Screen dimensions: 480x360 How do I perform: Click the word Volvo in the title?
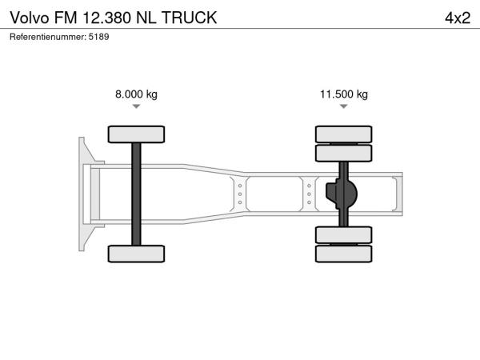tap(30, 18)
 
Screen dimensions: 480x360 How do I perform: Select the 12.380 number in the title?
tap(107, 18)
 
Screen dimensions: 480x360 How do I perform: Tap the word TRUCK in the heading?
tap(189, 18)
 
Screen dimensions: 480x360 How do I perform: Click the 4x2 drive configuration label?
tap(458, 18)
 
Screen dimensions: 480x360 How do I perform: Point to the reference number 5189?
tap(98, 37)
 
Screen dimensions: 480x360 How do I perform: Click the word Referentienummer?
tap(48, 37)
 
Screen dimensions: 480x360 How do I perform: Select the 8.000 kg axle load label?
tap(136, 94)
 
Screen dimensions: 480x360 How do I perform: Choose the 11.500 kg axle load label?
tap(344, 94)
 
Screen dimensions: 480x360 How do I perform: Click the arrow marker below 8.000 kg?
tap(136, 106)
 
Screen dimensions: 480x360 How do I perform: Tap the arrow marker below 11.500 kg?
tap(344, 106)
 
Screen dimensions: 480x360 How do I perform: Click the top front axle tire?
tap(136, 134)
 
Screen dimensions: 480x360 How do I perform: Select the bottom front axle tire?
tap(136, 254)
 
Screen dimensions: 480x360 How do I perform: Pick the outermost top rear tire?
tap(344, 134)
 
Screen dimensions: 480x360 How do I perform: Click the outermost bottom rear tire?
tap(344, 254)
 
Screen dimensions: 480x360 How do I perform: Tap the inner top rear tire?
tap(344, 153)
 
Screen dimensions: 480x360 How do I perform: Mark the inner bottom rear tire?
tap(344, 235)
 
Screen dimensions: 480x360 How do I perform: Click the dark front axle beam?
tap(136, 194)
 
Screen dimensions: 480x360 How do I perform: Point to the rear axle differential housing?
tap(342, 194)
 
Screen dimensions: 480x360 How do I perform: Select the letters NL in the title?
tap(146, 18)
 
